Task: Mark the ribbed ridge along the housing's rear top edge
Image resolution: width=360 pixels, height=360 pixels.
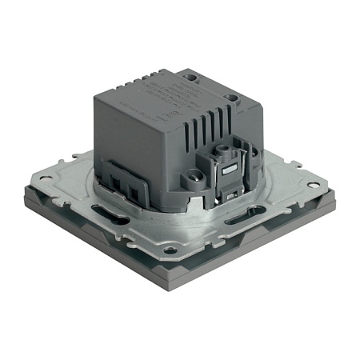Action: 152,80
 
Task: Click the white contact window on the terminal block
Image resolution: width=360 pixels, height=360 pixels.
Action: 229,170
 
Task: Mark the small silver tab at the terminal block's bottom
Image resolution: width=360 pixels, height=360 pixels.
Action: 231,196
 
